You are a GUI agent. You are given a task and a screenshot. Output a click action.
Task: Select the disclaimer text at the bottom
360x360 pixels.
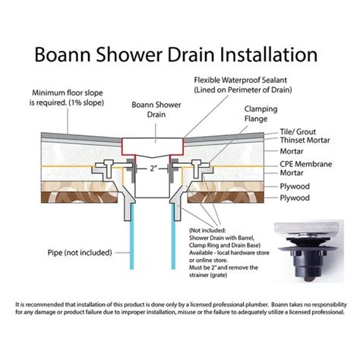[180, 311]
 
